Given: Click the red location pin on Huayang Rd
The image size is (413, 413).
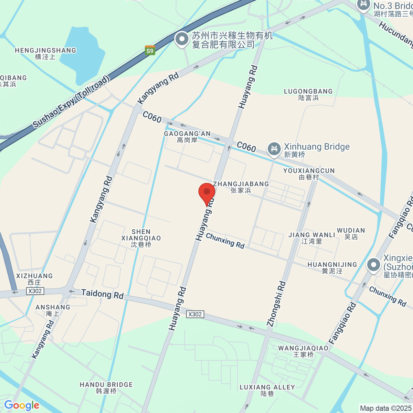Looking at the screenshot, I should pos(207,193).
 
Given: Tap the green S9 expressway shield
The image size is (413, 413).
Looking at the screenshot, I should pos(150,51).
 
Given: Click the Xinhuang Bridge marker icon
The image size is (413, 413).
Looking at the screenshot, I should pos(274,149).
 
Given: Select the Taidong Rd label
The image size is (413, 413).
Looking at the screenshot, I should pos(102,294).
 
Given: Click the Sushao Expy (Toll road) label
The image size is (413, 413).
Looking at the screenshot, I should pos(72,102).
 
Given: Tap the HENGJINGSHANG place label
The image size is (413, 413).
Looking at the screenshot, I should pos(45,53).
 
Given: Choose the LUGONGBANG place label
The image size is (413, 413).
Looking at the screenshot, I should pos(308,94).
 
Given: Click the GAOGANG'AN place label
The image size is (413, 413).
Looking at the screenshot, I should pos(187,137).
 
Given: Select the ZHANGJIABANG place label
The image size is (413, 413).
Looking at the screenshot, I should pos(241,187).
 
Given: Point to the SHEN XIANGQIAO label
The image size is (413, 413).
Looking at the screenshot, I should pos(141,238).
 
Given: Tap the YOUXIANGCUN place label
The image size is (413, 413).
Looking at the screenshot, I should pos(309,174).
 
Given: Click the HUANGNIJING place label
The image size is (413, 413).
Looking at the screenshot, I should pos(332,268).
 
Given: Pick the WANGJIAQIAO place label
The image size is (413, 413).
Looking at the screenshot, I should pos(303,351).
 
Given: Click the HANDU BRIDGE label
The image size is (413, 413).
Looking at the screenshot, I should pos(106,388).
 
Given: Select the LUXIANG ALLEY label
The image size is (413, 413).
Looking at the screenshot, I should pos(267,390).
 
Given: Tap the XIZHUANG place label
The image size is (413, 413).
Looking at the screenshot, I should pos(34,279).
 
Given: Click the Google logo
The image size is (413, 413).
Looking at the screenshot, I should pos(22,405).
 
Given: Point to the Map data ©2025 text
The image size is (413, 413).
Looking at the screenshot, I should pos(385,408).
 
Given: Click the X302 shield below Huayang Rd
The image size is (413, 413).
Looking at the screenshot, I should pos(195,314).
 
